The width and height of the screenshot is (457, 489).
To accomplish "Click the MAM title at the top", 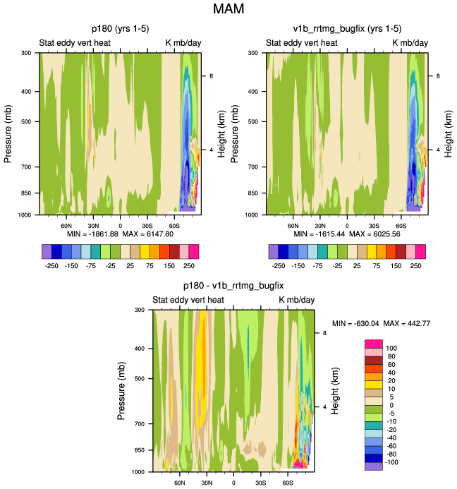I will click(x=228, y=10).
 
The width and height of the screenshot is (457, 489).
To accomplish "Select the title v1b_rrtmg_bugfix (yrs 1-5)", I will click(x=347, y=29).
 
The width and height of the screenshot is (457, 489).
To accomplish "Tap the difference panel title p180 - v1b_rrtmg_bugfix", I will click(x=233, y=286).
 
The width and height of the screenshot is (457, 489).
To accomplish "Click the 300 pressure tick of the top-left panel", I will click(x=30, y=53).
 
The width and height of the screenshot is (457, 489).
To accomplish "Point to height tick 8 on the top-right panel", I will click(x=438, y=76).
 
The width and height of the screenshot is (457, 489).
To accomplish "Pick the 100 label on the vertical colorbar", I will click(x=391, y=348).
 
